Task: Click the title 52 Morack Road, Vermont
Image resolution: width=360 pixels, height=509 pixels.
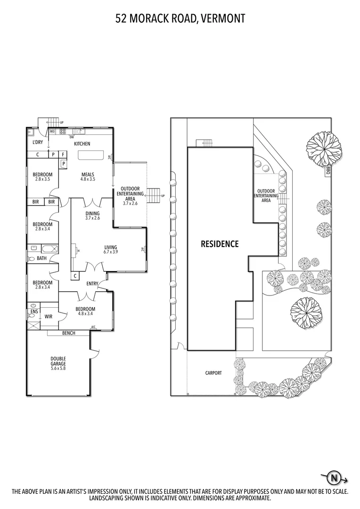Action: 180,19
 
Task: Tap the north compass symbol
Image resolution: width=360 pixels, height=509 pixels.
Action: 335,478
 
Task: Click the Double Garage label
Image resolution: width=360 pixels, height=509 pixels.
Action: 58,362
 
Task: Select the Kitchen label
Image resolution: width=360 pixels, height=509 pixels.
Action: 82,144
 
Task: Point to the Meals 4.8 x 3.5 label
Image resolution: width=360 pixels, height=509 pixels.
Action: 88,176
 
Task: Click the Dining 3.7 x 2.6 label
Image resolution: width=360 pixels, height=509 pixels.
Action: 92,215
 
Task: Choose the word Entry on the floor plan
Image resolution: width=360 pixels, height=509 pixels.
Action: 92,284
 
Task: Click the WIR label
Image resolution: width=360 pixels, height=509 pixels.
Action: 49,317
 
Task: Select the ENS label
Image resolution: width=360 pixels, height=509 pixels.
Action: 34,312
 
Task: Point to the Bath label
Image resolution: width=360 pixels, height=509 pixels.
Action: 42,258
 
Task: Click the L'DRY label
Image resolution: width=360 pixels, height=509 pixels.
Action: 38,143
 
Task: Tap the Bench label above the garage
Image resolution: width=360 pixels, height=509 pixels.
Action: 68,333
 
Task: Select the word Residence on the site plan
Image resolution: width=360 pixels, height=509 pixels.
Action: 220,244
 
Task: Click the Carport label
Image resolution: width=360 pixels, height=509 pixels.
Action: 213,373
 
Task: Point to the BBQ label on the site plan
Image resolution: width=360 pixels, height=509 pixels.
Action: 328,171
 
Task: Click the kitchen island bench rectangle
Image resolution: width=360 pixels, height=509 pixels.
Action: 90,156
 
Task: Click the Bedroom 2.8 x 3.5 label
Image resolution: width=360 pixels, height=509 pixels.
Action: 42,177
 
